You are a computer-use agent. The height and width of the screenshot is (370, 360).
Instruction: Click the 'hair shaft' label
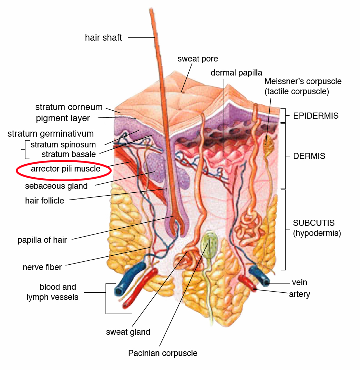pyautogui.click(x=103, y=37)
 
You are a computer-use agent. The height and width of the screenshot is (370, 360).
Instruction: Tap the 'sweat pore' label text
pyautogui.click(x=198, y=59)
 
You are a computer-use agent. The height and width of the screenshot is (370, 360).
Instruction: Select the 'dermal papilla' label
pyautogui.click(x=236, y=73)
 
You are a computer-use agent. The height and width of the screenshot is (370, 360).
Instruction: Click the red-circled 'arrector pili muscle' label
pyautogui.click(x=66, y=169)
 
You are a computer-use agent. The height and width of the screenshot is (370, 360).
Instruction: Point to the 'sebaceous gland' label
pyautogui.click(x=56, y=186)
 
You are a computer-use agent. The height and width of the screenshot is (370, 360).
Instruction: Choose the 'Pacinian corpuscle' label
pyautogui.click(x=163, y=353)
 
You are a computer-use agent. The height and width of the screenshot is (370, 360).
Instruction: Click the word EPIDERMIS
pyautogui.click(x=316, y=116)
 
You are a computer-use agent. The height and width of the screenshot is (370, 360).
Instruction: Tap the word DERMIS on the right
pyautogui.click(x=309, y=156)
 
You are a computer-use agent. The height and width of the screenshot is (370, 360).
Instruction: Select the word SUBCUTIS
pyautogui.click(x=314, y=223)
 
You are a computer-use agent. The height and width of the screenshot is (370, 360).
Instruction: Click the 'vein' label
pyautogui.click(x=299, y=282)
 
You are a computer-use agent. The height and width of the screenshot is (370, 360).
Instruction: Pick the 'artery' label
pyautogui.click(x=300, y=294)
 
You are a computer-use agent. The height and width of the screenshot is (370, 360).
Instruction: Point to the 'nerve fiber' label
pyautogui.click(x=42, y=267)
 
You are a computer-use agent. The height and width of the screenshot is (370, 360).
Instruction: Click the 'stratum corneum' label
pyautogui.click(x=69, y=107)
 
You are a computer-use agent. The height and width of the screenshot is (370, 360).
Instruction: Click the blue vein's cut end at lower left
pyautogui.click(x=118, y=292)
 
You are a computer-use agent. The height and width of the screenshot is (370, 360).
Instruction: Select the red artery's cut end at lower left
pyautogui.click(x=125, y=306)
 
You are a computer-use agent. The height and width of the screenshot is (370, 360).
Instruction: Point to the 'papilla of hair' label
pyautogui.click(x=42, y=240)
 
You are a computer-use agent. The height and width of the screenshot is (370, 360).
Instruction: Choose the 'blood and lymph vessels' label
pyautogui.click(x=52, y=292)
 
